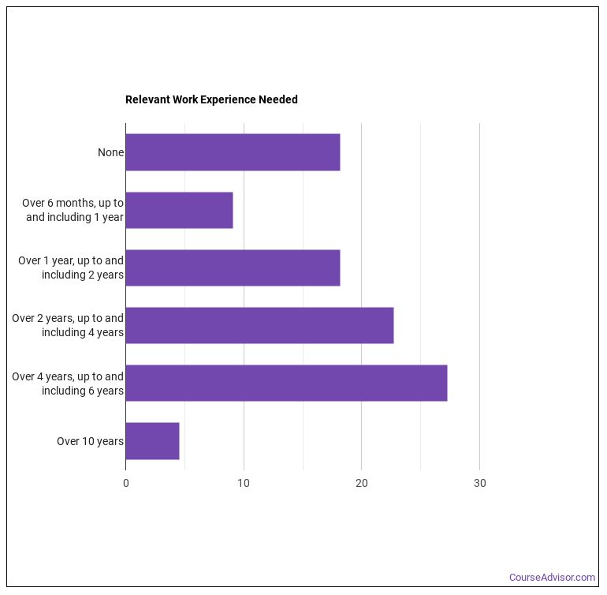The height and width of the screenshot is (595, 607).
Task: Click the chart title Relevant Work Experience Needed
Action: [x=211, y=99]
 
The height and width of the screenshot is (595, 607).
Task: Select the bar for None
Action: [x=233, y=152]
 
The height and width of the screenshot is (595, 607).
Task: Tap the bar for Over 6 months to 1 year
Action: [x=179, y=210]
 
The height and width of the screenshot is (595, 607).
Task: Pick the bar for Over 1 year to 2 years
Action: [x=233, y=268]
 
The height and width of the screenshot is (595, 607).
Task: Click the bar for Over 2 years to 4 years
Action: [x=259, y=325]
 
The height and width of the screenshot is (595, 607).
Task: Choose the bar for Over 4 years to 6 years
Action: [x=286, y=383]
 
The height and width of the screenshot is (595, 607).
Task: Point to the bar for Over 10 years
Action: [x=152, y=441]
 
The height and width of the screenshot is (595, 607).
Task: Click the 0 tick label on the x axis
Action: [x=126, y=484]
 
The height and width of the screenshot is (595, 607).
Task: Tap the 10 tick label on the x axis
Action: [x=244, y=484]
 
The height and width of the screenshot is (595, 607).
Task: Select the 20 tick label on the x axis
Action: [x=362, y=484]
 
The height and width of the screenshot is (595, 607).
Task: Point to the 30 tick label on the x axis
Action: [x=479, y=484]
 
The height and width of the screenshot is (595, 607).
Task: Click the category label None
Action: [x=110, y=152]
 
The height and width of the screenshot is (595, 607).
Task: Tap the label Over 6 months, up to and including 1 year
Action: [x=73, y=210]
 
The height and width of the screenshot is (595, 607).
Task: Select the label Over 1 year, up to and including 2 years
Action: [x=71, y=268]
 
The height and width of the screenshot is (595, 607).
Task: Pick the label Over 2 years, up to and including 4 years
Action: [x=68, y=325]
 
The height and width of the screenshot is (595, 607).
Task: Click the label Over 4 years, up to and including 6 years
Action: [x=68, y=383]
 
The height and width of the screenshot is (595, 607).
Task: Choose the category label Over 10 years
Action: [x=90, y=441]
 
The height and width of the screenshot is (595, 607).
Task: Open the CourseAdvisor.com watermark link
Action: [x=552, y=578]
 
